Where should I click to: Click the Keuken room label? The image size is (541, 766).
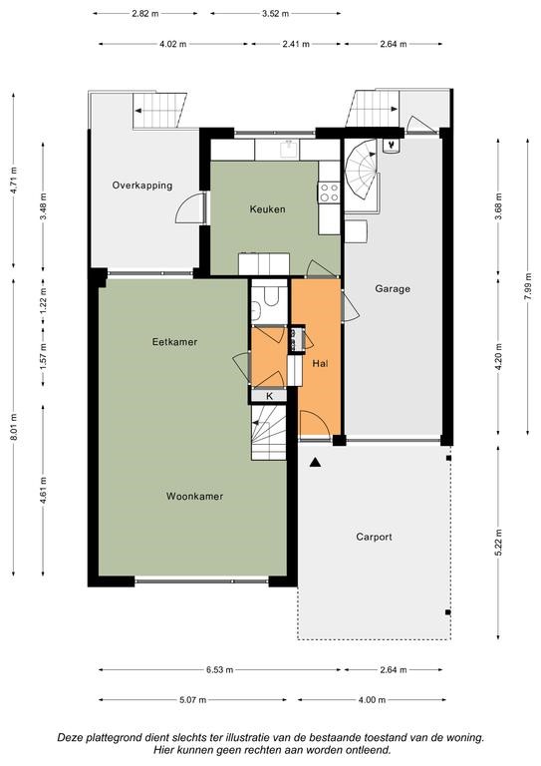[267, 209]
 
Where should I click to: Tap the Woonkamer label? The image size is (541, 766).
[194, 497]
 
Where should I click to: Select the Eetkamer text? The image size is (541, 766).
[174, 342]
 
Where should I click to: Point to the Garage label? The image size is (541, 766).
[393, 288]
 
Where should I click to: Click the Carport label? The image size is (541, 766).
[374, 537]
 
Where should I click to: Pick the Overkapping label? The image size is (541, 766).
[142, 186]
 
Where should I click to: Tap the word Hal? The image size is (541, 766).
[320, 363]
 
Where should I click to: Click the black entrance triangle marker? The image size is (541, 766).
[316, 462]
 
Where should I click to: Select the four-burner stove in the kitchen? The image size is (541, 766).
[329, 191]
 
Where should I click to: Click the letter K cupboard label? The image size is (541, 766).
[269, 396]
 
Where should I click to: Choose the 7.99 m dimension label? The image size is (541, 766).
[527, 287]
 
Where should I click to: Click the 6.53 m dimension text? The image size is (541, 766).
[219, 670]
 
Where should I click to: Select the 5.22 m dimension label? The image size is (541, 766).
[498, 543]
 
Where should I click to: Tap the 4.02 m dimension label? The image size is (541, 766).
[173, 44]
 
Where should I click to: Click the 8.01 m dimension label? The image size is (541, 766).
[13, 427]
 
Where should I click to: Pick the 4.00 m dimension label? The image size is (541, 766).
[372, 700]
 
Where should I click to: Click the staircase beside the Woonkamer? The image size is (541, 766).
[268, 432]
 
